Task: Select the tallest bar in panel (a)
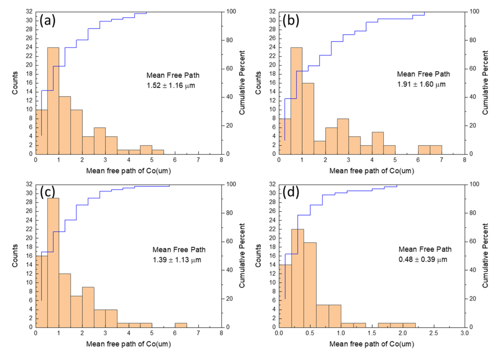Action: point(53,101)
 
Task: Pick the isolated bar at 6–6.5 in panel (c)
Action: point(181,325)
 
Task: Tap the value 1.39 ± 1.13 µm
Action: point(177,260)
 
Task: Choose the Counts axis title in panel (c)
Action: point(16,256)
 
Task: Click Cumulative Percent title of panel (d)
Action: point(487,256)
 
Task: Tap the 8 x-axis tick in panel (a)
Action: point(221,160)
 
